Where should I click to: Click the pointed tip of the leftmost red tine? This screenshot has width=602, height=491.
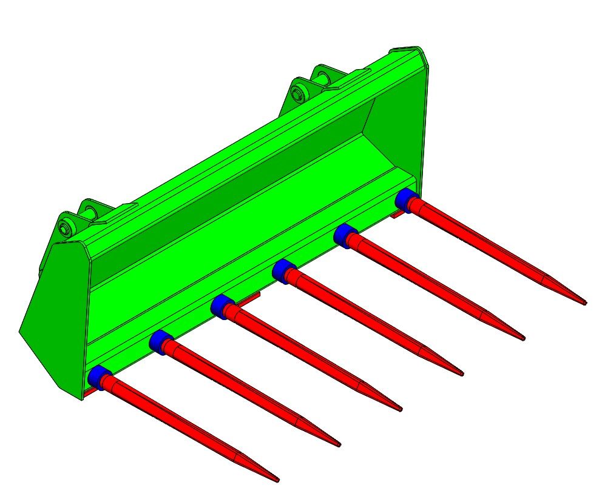[277, 480]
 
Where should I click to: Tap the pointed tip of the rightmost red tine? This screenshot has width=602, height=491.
[585, 302]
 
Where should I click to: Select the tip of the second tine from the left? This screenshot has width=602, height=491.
[339, 446]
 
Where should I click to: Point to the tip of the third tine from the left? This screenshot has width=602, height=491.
[401, 410]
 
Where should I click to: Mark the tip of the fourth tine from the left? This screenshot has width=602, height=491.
[462, 374]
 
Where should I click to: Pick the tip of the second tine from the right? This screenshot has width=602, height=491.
[523, 338]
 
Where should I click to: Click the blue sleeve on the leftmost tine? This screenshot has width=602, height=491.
[97, 376]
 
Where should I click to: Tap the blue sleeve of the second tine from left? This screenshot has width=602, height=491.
[158, 341]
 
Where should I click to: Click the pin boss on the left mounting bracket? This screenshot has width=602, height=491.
[66, 229]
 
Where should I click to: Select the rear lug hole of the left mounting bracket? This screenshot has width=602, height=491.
[91, 212]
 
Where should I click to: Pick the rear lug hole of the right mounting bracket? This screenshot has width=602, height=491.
[322, 77]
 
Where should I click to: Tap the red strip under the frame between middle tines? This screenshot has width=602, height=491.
[249, 296]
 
